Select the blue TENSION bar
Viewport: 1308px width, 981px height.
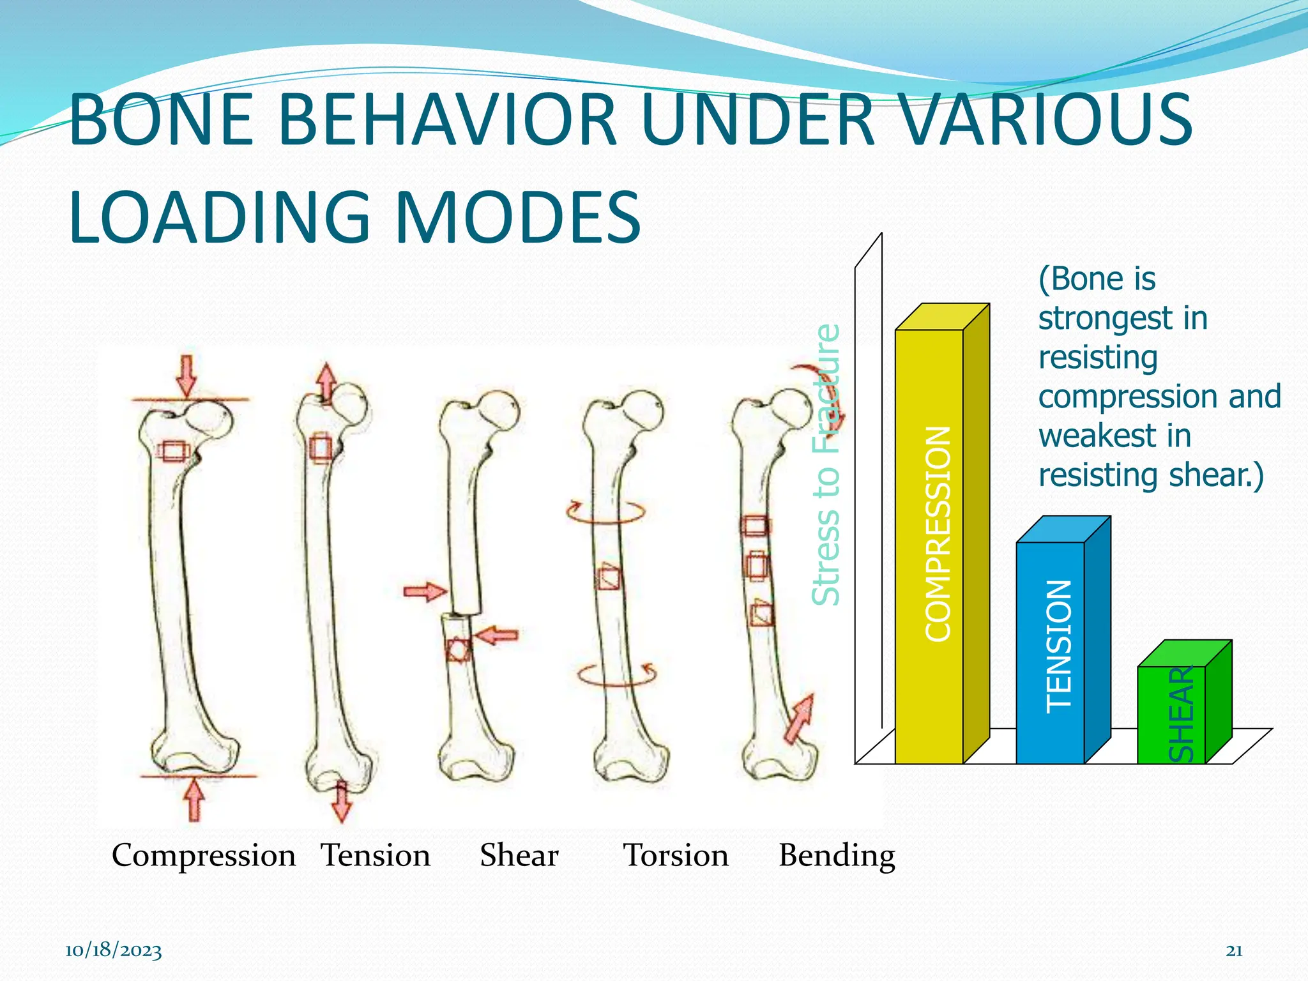[x=1051, y=651]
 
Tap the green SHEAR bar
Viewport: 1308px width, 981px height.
[x=1171, y=715]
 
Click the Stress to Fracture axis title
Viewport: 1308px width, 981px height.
[x=826, y=465]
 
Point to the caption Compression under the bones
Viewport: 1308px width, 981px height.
[x=203, y=855]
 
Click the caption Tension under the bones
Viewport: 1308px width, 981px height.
[x=376, y=855]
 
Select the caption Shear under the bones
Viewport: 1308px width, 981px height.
[x=519, y=855]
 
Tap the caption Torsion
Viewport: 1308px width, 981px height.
[x=676, y=855]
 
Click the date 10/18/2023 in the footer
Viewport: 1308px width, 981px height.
[x=113, y=951]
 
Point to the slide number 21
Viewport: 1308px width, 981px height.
[x=1234, y=951]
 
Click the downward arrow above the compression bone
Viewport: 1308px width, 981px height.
[x=186, y=376]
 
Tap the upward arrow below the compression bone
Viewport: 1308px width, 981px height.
[x=194, y=798]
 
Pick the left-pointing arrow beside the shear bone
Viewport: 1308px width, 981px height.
[x=497, y=635]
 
